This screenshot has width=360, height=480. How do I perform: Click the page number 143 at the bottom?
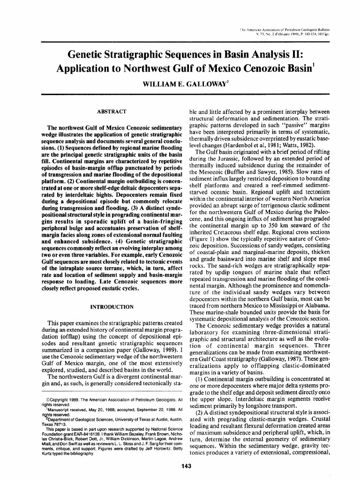(180, 465)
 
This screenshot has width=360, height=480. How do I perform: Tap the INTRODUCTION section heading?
(111, 307)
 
